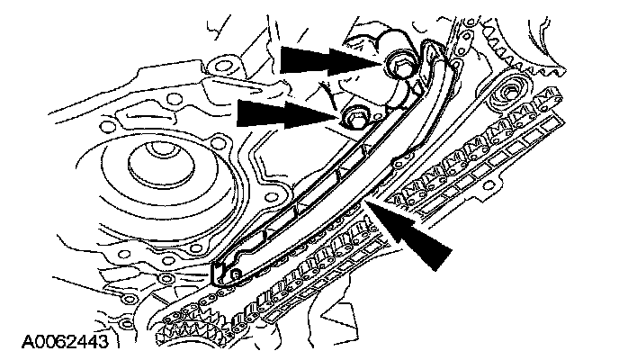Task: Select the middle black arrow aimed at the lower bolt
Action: [283, 113]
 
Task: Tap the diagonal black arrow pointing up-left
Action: [419, 237]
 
